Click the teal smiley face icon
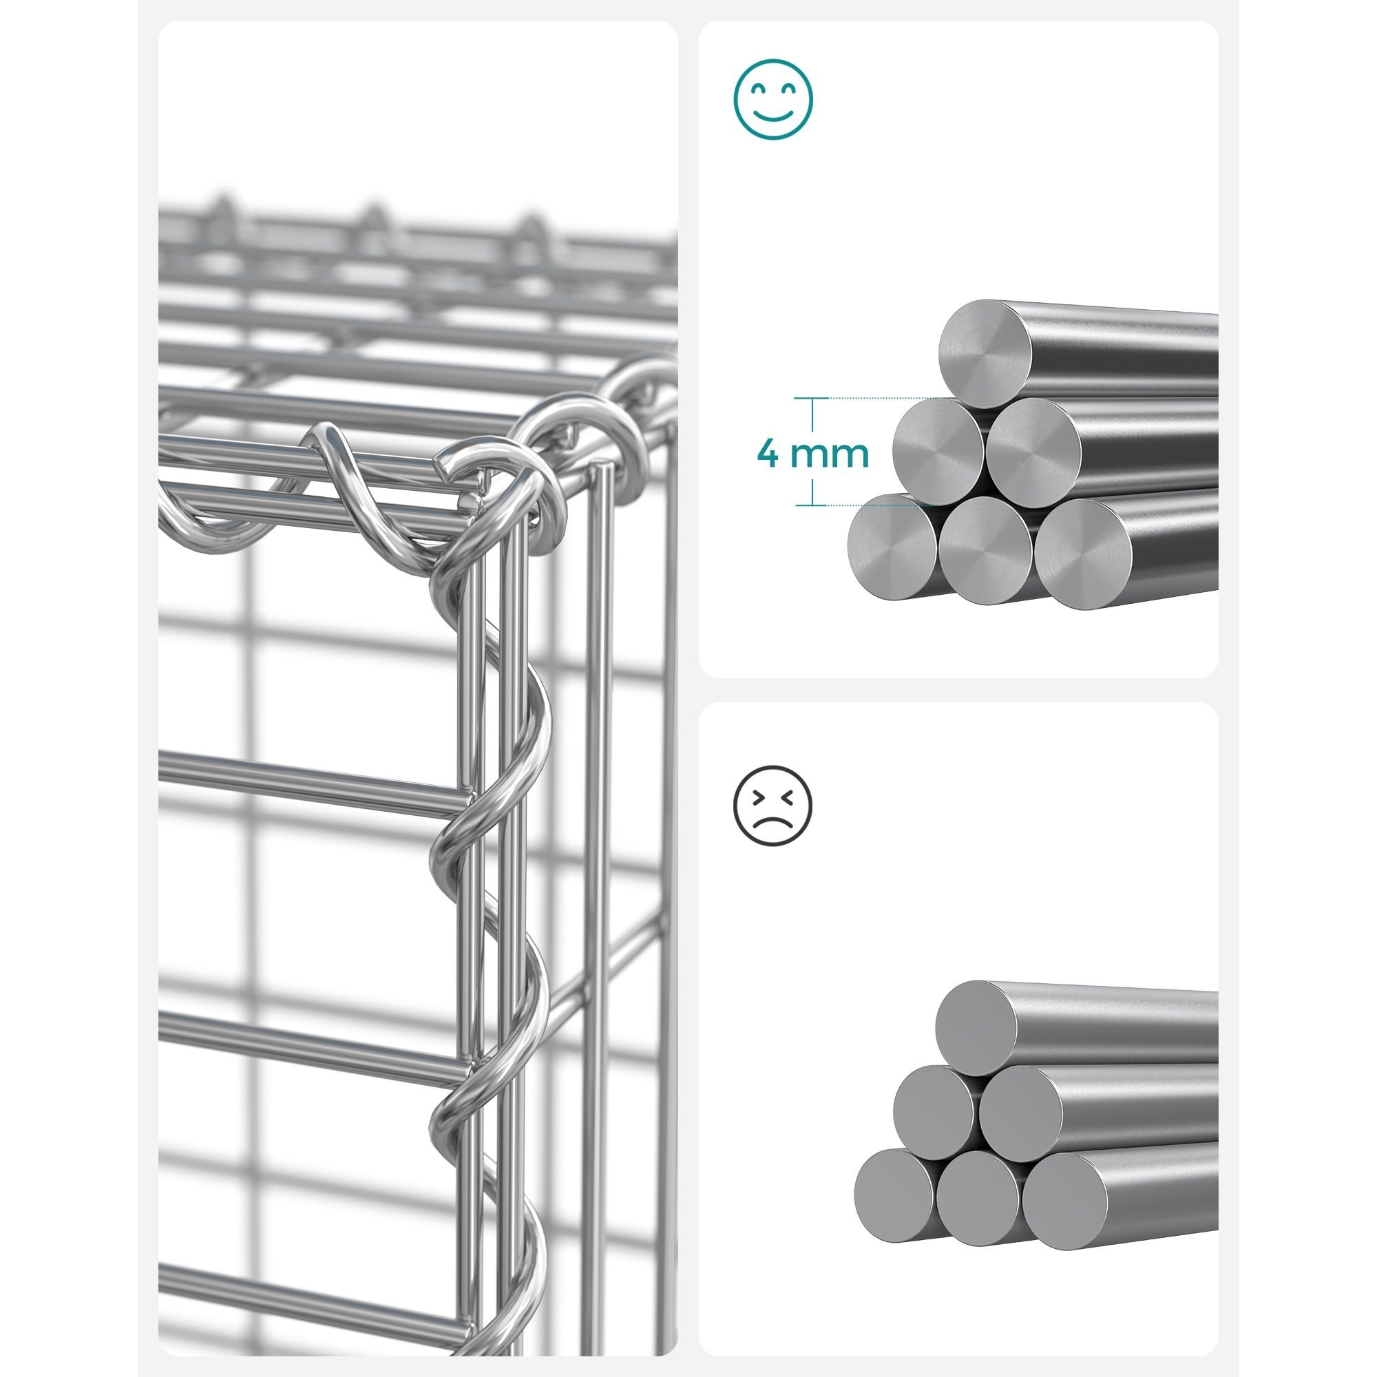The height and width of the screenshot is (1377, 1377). pyautogui.click(x=773, y=100)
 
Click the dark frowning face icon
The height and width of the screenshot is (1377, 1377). pyautogui.click(x=773, y=806)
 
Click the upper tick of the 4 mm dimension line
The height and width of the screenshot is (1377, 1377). pyautogui.click(x=812, y=398)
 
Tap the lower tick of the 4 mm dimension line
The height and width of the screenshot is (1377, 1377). pyautogui.click(x=812, y=505)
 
